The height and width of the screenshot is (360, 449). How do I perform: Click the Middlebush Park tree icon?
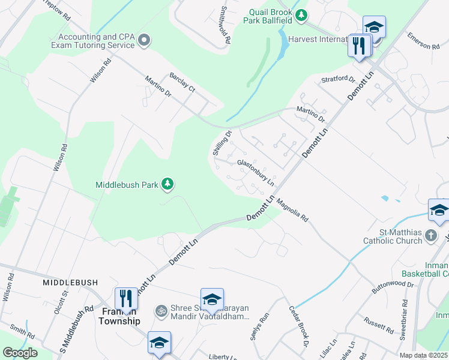click(169, 185)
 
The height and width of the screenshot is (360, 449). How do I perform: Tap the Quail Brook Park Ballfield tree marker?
click(302, 14)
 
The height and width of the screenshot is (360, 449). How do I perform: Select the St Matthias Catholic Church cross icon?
click(430, 236)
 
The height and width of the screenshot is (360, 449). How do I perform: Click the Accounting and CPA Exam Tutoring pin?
click(143, 40)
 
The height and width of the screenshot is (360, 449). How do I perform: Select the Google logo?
click(20, 353)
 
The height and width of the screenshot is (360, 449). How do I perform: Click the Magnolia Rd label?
click(292, 212)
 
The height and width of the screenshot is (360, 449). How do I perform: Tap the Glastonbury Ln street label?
click(256, 172)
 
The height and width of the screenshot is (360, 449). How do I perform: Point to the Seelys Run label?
click(256, 329)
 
